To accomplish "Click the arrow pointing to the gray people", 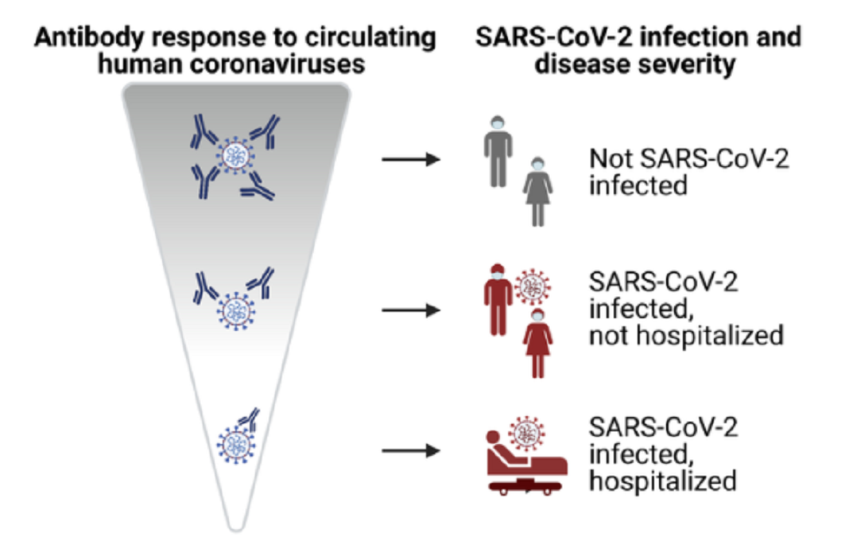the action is click(411, 159).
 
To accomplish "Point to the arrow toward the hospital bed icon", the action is click(411, 451).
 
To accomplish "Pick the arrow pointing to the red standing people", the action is click(411, 310).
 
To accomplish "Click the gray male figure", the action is click(498, 152).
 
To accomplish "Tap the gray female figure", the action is click(537, 192).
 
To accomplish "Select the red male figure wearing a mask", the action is click(498, 300).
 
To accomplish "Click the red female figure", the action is click(537, 343).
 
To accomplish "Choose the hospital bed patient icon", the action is click(526, 463).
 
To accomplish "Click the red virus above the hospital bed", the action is click(526, 434).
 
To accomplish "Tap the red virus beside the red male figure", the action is click(533, 287).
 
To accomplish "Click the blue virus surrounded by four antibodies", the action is click(235, 156).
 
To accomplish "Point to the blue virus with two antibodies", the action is click(235, 312).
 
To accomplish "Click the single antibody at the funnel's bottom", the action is click(250, 418).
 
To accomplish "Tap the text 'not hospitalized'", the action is click(686, 336).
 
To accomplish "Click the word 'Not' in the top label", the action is click(611, 159).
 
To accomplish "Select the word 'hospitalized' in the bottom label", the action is click(663, 481).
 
